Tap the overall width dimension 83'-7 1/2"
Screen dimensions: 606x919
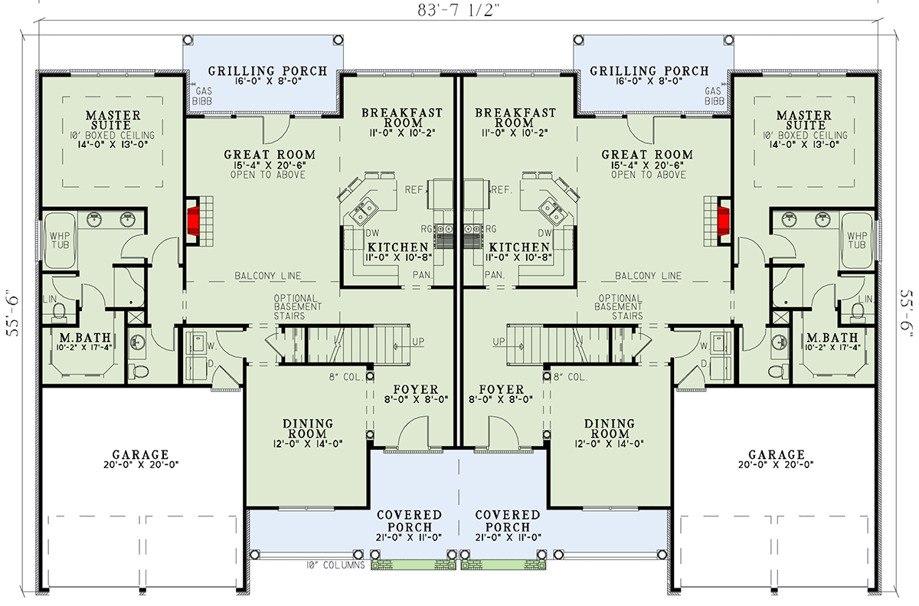click(x=459, y=10)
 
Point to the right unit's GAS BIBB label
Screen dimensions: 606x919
click(x=714, y=95)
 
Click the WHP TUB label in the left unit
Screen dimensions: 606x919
click(x=59, y=239)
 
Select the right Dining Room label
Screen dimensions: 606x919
click(x=610, y=429)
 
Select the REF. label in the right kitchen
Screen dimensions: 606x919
click(x=502, y=189)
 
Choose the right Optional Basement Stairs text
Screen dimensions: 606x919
click(x=620, y=306)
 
